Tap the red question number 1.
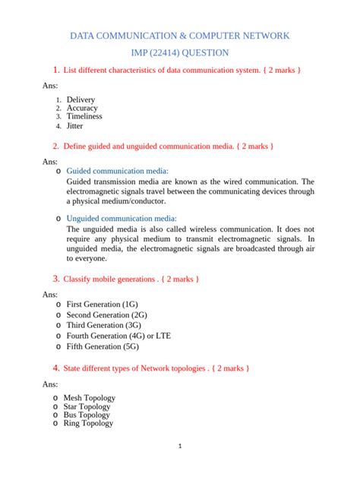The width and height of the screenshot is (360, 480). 55,71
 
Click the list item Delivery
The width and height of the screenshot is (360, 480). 81,99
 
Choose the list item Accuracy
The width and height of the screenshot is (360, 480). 82,108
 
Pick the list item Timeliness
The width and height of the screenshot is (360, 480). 84,116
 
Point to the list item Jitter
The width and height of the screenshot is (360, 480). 75,125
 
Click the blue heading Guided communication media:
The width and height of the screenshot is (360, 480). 118,172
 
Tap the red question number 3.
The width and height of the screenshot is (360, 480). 55,279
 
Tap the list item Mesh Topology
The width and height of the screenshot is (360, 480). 89,397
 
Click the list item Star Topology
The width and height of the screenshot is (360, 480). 87,406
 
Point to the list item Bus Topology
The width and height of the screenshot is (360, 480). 86,415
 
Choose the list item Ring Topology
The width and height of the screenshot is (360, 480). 88,423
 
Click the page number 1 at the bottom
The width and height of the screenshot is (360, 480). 179,447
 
